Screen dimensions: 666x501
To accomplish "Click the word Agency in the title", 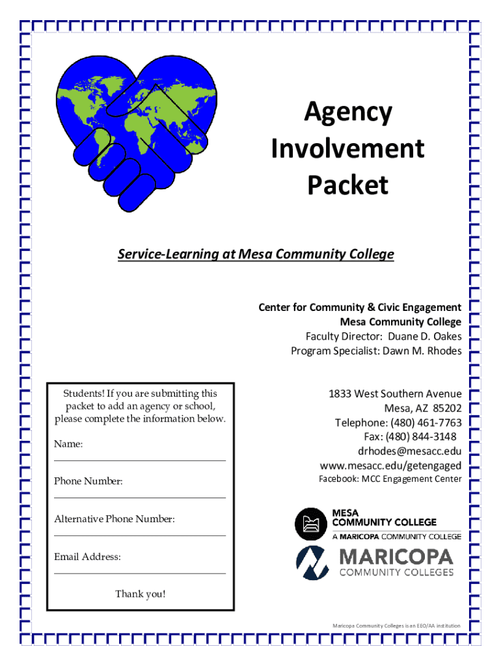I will pyautogui.click(x=347, y=113).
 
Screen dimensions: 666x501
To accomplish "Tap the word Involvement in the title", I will pyautogui.click(x=347, y=149).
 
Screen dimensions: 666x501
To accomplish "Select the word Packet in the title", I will pyautogui.click(x=347, y=185).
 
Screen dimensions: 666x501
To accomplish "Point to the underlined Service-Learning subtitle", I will pyautogui.click(x=256, y=254).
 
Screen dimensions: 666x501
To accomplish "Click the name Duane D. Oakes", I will pyautogui.click(x=425, y=336).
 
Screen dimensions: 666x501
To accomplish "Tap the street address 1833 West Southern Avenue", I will pyautogui.click(x=395, y=394).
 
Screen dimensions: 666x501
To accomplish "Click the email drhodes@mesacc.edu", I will pyautogui.click(x=409, y=451).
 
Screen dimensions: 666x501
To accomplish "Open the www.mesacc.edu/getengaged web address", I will pyautogui.click(x=390, y=466).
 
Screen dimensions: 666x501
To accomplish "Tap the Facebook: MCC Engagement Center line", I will pyautogui.click(x=390, y=479).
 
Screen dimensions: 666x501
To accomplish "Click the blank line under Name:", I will pyautogui.click(x=139, y=460).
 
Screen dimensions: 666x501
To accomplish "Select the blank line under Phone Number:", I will pyautogui.click(x=139, y=498).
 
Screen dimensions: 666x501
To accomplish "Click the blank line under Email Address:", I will pyautogui.click(x=139, y=573).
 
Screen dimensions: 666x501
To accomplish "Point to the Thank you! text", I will pyautogui.click(x=140, y=594).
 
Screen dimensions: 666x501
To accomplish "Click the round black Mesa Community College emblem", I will pyautogui.click(x=310, y=524).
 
